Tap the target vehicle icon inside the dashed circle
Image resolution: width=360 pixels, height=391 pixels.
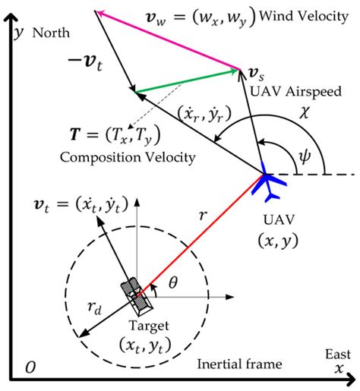click(x=136, y=295)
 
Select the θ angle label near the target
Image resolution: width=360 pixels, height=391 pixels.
click(x=172, y=282)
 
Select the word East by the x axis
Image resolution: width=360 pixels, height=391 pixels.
click(x=335, y=354)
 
